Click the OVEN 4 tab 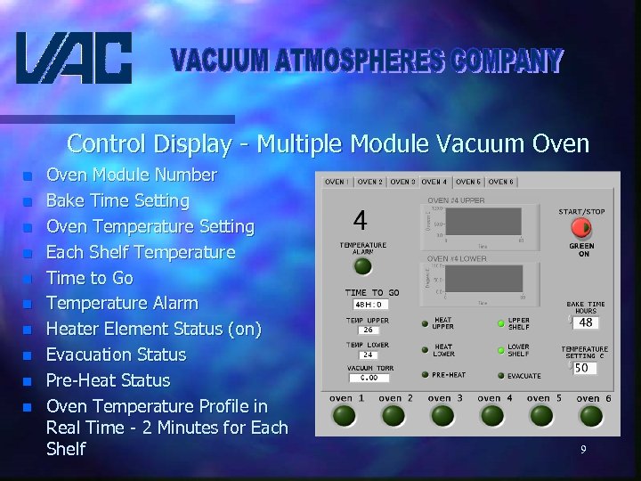434,182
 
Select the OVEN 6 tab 500,182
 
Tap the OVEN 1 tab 337,182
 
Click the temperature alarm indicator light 362,265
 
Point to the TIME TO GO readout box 367,304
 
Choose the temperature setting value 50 583,367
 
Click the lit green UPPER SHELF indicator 501,322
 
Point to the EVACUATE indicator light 500,376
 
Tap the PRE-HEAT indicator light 426,375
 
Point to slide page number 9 583,450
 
